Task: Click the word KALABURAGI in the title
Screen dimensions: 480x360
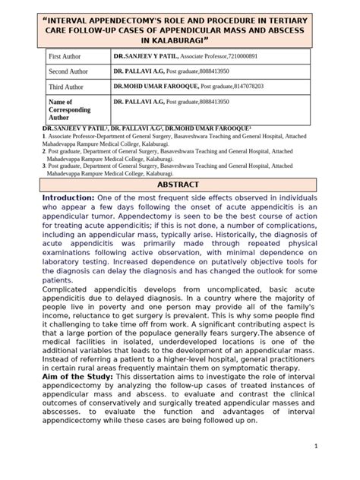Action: point(182,36)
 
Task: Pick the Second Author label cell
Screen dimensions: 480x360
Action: point(68,72)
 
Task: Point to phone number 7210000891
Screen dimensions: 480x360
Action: point(245,57)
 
